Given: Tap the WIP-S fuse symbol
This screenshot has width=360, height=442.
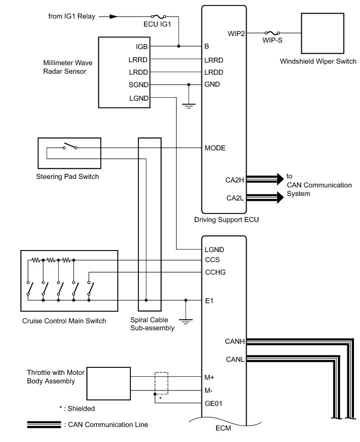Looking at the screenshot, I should click(x=273, y=33).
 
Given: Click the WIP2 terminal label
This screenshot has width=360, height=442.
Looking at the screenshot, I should click(x=236, y=34).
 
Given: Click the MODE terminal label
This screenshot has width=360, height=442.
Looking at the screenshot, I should click(x=215, y=148).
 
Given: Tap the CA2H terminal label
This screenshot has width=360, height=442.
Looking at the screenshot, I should click(x=235, y=178).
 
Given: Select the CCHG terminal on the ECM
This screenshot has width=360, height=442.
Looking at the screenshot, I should click(x=215, y=273).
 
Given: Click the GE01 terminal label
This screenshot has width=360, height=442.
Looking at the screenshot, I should click(x=214, y=402).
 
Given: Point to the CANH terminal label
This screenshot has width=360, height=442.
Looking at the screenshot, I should click(x=235, y=342).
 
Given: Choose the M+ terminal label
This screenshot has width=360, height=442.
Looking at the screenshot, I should click(x=210, y=377).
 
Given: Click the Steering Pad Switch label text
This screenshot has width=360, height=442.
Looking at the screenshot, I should click(x=68, y=176).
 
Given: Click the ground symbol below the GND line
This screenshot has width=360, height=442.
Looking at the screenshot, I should click(x=189, y=106).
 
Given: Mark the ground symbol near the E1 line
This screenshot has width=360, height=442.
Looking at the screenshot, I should click(x=186, y=321).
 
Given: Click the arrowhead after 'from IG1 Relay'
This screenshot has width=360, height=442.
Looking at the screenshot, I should click(x=114, y=16).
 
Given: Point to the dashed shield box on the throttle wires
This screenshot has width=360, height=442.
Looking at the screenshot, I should click(x=161, y=383).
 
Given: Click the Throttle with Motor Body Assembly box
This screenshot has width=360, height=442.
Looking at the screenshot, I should click(x=108, y=383).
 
